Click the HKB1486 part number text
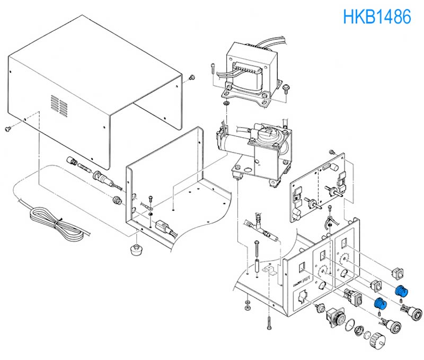point(377,16)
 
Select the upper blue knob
point(401,291)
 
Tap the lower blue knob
point(380,303)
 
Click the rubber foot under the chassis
point(136,249)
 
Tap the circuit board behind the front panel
point(317,187)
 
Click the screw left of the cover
point(7,129)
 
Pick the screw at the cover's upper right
point(192,77)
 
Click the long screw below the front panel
point(269,323)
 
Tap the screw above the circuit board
point(332,152)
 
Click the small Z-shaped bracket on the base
point(269,271)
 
